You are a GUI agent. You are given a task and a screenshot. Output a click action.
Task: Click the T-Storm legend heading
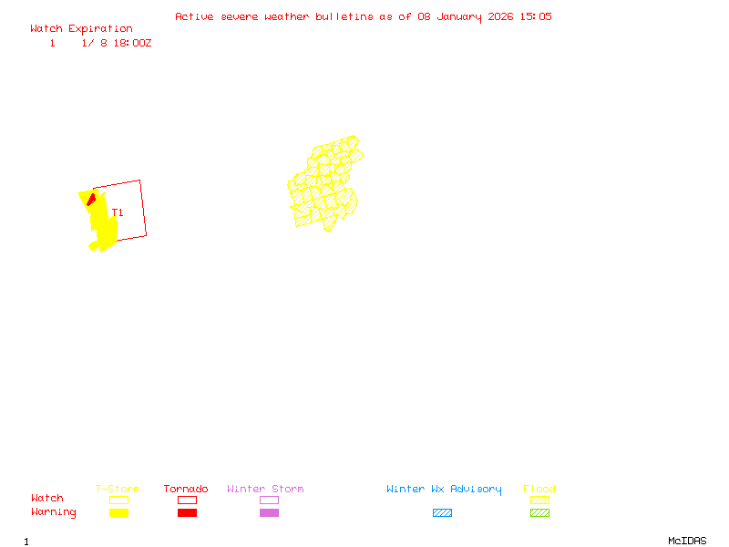click(118, 490)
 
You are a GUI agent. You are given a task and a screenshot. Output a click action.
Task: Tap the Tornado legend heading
click(186, 490)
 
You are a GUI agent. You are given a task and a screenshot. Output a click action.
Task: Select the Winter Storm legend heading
click(265, 490)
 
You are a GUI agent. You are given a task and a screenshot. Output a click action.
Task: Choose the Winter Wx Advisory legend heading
click(444, 490)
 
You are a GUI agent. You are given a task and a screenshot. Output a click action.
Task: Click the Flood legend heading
click(539, 490)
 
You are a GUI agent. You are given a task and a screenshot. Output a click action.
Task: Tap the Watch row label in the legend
click(47, 499)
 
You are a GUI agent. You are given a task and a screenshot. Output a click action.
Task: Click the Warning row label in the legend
click(54, 512)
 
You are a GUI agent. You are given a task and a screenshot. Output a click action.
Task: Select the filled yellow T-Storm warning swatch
click(118, 513)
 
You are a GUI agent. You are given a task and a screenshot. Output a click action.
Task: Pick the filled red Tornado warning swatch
click(187, 513)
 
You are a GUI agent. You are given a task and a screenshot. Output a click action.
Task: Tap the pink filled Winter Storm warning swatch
click(269, 513)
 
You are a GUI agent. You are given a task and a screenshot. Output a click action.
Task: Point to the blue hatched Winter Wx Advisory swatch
click(442, 513)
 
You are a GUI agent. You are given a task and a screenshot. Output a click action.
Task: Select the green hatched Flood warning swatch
click(539, 513)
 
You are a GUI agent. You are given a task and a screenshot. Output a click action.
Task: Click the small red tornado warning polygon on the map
click(91, 198)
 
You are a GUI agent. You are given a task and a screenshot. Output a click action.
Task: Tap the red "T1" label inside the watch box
click(119, 213)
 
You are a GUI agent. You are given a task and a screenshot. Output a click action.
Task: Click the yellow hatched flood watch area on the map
click(323, 187)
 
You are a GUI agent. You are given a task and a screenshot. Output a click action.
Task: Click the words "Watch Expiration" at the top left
click(81, 29)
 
